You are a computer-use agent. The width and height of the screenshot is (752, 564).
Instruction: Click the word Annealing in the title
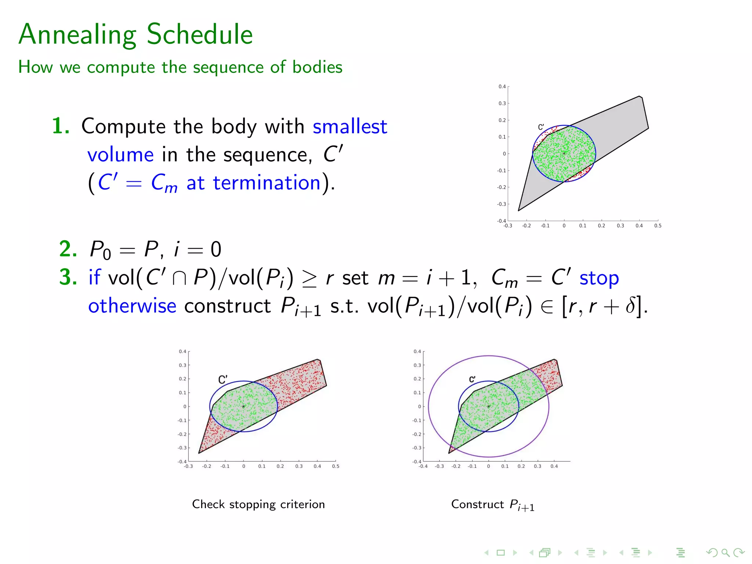(x=77, y=34)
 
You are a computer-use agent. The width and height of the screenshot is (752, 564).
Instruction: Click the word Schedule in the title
(x=200, y=34)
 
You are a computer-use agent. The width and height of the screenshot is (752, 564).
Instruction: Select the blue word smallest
(x=350, y=127)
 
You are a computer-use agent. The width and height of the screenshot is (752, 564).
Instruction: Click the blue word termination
(x=267, y=182)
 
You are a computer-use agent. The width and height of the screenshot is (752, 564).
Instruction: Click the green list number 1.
(x=60, y=126)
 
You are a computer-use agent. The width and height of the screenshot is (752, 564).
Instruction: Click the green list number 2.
(x=68, y=249)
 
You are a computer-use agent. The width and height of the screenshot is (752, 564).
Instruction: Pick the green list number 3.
(x=68, y=277)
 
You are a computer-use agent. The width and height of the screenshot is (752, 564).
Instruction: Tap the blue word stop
(x=599, y=278)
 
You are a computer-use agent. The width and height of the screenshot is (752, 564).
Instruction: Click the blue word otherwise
(x=132, y=306)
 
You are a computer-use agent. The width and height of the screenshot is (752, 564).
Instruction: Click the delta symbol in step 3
(x=630, y=306)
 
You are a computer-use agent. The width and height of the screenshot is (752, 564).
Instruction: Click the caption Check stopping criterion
(x=258, y=504)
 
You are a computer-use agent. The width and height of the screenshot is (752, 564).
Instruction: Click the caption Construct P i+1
(x=492, y=505)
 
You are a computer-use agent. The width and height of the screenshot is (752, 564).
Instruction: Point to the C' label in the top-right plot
(x=541, y=127)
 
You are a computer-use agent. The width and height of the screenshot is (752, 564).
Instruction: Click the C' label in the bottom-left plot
(x=223, y=379)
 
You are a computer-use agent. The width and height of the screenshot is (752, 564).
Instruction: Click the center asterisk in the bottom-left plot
(x=243, y=406)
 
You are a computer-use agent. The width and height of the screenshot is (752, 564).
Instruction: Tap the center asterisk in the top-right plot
(x=564, y=153)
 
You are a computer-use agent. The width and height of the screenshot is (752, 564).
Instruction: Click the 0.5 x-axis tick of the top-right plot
(x=658, y=226)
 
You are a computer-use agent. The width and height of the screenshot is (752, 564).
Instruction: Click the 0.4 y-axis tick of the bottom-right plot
(x=417, y=351)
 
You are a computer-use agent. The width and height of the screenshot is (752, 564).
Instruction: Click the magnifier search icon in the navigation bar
(x=725, y=552)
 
